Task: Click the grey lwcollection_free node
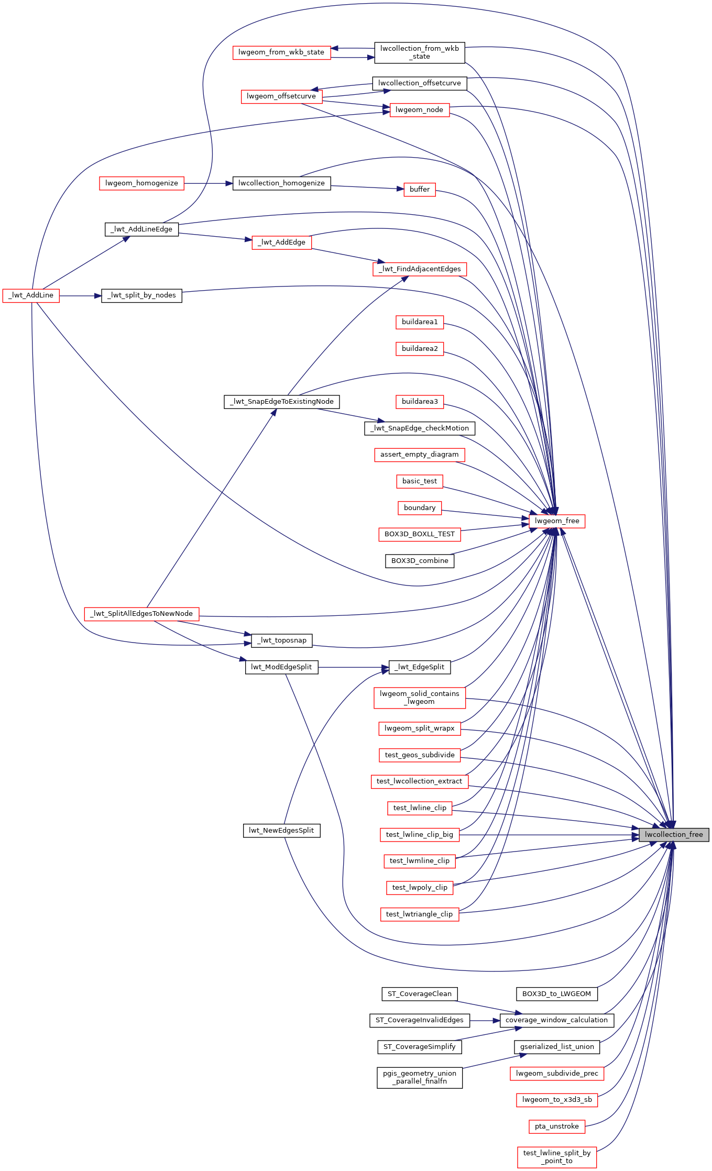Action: (674, 835)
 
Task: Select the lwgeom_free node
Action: (557, 521)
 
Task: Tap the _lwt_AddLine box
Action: (31, 295)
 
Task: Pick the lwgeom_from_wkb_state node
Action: (281, 52)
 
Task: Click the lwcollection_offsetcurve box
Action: (419, 83)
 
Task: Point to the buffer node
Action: (420, 190)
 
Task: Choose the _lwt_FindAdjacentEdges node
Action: (419, 269)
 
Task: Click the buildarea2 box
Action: (420, 349)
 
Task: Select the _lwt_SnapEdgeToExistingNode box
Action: (282, 402)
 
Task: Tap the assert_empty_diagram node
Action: (419, 455)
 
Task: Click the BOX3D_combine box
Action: (420, 561)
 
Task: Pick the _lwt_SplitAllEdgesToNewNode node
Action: (141, 614)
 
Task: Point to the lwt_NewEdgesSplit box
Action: (281, 831)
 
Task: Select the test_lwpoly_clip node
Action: (420, 888)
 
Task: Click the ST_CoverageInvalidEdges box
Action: (419, 1020)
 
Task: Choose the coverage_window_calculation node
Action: (556, 1020)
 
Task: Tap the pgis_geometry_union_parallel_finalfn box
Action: (420, 1077)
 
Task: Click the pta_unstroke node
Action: (557, 1126)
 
